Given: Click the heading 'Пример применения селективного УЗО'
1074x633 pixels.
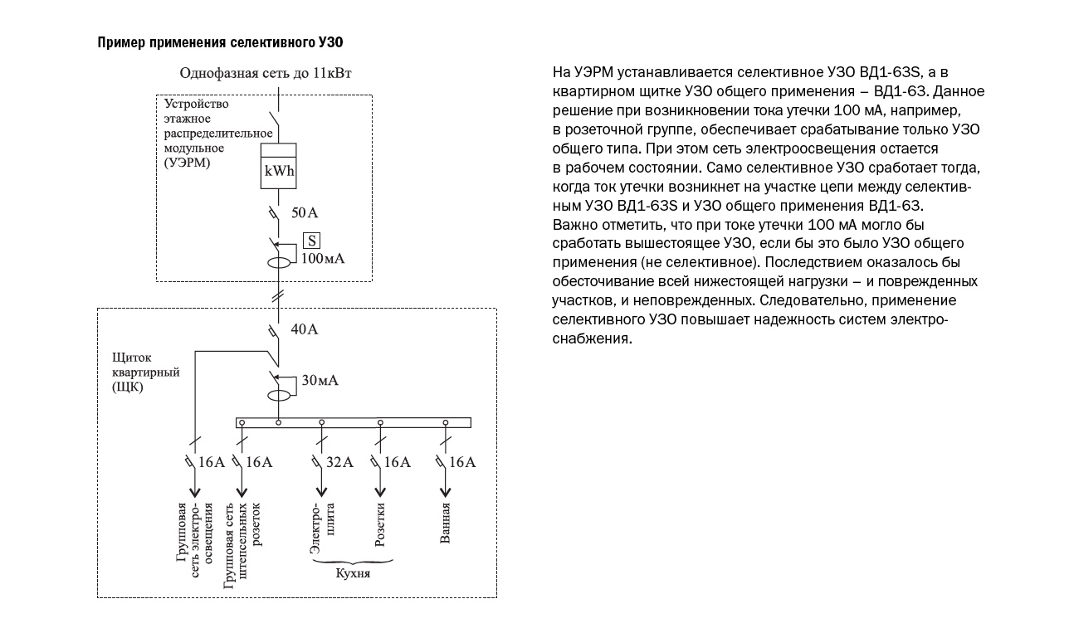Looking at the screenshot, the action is tap(220, 42).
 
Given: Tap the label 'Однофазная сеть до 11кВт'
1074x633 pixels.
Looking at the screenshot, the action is tap(265, 73).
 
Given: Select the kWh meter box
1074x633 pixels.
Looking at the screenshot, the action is tap(278, 166).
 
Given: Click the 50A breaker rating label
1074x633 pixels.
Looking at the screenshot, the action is tap(305, 212).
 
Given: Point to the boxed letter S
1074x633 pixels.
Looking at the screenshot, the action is tap(311, 241).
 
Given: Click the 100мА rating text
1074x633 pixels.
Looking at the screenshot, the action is tap(323, 259).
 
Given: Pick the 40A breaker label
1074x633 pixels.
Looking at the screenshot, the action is tap(304, 329).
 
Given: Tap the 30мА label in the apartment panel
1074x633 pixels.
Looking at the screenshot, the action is tap(320, 381).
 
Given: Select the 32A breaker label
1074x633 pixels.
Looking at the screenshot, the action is tap(339, 462).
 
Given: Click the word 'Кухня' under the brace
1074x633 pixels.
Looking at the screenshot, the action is tap(353, 573).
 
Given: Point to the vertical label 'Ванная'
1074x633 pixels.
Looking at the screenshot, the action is tap(445, 523).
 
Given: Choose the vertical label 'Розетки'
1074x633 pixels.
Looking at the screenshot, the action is tap(380, 524).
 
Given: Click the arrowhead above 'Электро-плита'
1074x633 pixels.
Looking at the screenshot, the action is tap(321, 492).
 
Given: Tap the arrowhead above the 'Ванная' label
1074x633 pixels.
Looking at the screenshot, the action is tap(446, 492).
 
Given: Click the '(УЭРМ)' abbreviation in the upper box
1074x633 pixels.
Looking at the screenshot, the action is tap(187, 163).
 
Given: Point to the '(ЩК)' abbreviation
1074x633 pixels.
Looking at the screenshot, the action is tap(128, 387).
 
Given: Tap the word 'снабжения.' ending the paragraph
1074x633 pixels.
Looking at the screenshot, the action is tap(592, 338).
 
